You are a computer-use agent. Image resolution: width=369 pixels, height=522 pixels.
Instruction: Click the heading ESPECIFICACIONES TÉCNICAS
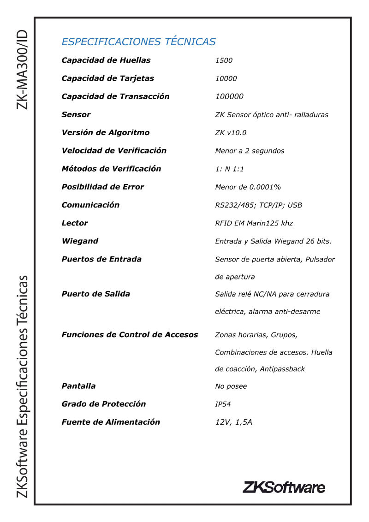tap(138, 42)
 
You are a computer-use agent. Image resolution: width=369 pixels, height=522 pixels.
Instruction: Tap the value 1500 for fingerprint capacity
tap(224, 60)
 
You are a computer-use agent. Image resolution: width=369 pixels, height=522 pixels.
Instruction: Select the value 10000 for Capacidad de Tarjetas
tap(226, 78)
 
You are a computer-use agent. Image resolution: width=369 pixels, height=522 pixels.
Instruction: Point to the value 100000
tap(229, 96)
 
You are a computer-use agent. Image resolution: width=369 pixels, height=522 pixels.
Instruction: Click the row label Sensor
tap(76, 114)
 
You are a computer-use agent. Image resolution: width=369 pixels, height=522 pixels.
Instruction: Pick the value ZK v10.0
tap(231, 133)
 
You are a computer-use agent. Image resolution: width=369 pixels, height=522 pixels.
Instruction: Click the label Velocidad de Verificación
tap(114, 151)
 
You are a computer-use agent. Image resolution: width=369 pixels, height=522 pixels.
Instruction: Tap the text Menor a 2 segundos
tap(250, 151)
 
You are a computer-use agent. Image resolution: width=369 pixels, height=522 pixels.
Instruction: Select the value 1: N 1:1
tap(229, 169)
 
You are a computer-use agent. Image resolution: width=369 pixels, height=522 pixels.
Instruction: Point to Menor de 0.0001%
tap(248, 187)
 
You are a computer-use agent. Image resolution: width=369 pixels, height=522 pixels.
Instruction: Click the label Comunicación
tap(90, 205)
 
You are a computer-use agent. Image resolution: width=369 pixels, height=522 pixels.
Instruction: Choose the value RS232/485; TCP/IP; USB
tap(258, 205)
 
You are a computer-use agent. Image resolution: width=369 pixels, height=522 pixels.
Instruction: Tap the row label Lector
tap(75, 223)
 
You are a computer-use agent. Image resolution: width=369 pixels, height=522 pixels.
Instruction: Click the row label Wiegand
tap(80, 241)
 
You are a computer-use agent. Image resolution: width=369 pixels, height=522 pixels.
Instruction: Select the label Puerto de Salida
tap(95, 294)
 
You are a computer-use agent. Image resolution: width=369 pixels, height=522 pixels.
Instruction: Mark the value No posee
tap(231, 386)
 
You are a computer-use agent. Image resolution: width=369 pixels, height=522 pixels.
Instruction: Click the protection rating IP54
tap(223, 404)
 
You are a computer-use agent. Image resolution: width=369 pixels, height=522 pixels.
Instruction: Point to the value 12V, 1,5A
tap(233, 422)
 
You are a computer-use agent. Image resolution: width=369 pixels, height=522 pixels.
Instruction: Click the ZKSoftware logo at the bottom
tap(284, 487)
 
